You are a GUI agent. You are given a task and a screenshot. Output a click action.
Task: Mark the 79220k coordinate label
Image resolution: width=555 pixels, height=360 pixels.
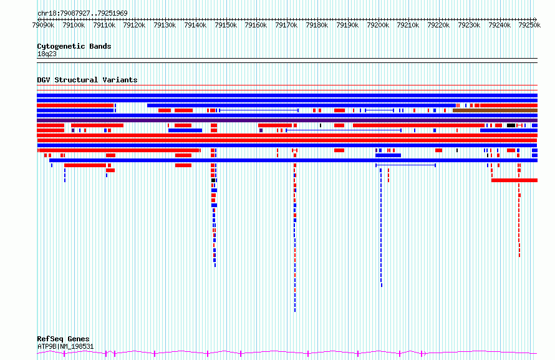[x=439, y=26]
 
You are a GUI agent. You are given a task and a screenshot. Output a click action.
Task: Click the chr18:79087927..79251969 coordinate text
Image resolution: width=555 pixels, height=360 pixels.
[x=82, y=13]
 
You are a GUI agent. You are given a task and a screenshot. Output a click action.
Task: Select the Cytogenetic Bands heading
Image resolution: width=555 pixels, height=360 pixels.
[x=74, y=46]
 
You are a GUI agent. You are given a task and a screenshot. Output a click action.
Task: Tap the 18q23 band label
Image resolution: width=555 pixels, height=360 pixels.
[x=47, y=54]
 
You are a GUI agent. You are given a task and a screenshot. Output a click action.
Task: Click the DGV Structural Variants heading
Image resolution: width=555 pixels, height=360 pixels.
[x=87, y=80]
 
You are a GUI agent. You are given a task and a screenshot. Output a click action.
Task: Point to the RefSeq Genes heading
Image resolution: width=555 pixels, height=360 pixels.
[x=63, y=339]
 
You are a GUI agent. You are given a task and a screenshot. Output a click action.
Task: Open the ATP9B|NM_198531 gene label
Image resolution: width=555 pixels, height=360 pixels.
[x=65, y=346]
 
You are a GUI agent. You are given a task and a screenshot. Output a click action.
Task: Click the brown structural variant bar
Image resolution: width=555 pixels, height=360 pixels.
[x=495, y=110]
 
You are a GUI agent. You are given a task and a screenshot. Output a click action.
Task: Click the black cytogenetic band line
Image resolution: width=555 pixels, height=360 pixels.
[x=287, y=59]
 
